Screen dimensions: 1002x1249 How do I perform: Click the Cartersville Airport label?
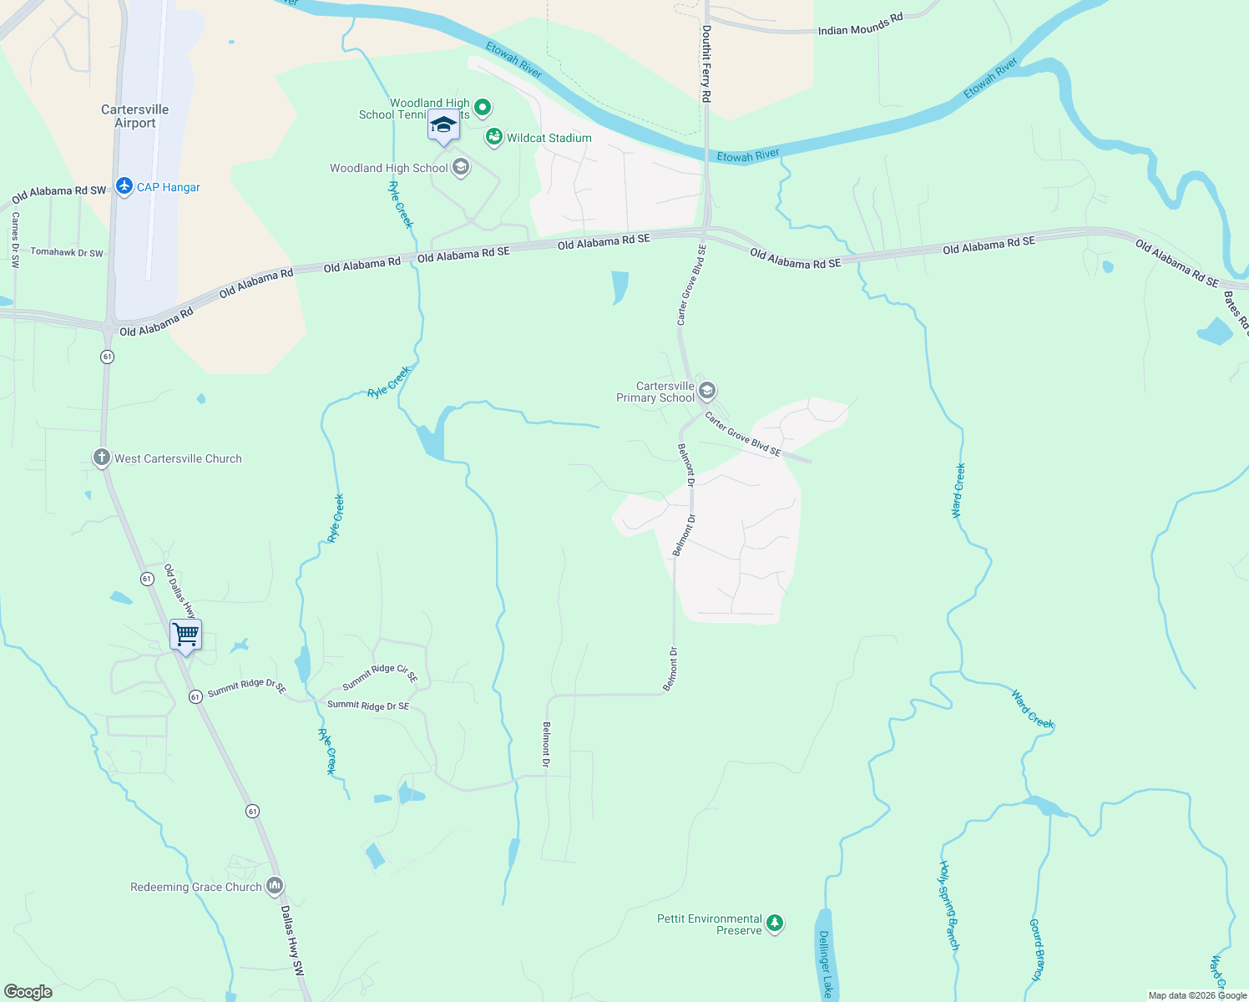tap(134, 116)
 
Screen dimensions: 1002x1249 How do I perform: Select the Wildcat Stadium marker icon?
tap(494, 138)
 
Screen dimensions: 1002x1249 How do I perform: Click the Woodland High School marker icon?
tap(460, 167)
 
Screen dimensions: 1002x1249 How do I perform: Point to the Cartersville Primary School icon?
tap(707, 391)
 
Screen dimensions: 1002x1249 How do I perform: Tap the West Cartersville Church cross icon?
tap(101, 458)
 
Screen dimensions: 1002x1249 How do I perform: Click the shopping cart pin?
tap(185, 635)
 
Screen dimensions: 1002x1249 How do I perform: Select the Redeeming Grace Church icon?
tap(275, 886)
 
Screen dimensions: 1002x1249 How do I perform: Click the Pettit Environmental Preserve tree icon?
tap(775, 924)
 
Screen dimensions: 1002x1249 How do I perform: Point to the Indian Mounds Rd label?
tap(860, 24)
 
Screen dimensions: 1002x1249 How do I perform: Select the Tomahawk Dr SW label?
tap(67, 252)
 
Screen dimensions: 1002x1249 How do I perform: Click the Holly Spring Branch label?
tap(949, 905)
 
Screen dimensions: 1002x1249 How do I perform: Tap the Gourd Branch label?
tap(1036, 949)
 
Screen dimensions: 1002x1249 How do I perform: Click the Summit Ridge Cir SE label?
tap(380, 676)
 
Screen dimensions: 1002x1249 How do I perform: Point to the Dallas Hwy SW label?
tap(292, 940)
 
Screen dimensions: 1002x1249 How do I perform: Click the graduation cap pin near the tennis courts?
tap(443, 125)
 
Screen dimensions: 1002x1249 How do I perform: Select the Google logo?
tap(28, 992)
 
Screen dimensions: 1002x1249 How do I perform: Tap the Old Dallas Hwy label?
tap(179, 591)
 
